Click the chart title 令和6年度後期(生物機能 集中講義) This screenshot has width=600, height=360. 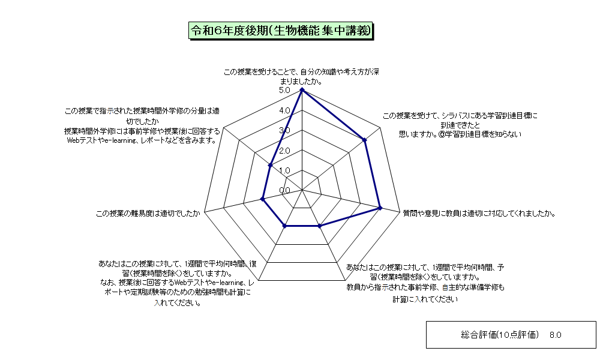(281, 31)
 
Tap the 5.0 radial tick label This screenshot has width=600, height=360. (284, 90)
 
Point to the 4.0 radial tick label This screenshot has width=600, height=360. (284, 110)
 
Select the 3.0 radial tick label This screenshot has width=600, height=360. (284, 130)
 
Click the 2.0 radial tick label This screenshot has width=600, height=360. (284, 151)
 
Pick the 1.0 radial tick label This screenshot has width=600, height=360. (284, 170)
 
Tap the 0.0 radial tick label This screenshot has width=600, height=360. (284, 191)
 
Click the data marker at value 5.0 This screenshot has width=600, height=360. (302, 90)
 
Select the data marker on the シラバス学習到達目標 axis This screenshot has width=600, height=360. (365, 140)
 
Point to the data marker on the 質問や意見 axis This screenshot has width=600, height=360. (380, 208)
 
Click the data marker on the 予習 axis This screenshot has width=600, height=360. (320, 226)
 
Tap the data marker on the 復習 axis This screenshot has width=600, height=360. (284, 226)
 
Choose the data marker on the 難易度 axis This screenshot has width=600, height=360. (263, 199)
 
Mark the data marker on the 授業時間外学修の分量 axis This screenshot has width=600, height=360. (270, 165)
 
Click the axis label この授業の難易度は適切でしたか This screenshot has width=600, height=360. (148, 214)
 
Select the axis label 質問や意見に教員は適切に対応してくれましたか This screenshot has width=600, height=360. (479, 214)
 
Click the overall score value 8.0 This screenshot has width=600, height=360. (555, 335)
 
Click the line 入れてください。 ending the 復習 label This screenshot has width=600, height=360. (178, 303)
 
